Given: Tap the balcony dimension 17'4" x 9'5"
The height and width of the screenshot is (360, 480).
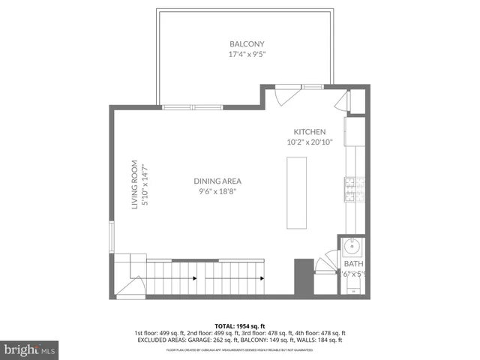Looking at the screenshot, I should pos(247,54).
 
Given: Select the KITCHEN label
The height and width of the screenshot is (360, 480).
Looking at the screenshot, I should pos(309,132).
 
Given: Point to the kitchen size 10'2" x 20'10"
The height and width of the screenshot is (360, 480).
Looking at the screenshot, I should pos(309,142).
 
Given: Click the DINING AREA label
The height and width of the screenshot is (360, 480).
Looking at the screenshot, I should pos(217,181).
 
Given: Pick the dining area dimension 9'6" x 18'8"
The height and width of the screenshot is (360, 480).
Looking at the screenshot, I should pos(217,191).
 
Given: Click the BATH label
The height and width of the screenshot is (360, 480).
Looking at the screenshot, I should pos(352,264).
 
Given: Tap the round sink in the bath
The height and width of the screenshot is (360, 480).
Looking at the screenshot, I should pos(352,246).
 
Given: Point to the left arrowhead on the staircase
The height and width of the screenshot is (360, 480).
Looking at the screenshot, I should pos(195,279).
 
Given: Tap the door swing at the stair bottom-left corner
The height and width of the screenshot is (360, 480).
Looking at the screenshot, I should pos(134,287).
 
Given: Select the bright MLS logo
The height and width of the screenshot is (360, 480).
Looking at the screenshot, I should pos(30,349).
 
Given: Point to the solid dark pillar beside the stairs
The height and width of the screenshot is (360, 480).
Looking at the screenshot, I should pos(303,277).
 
